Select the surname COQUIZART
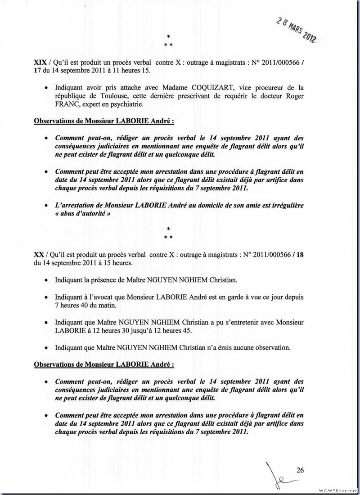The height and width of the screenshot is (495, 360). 205,88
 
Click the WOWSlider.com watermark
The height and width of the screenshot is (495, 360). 338,490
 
